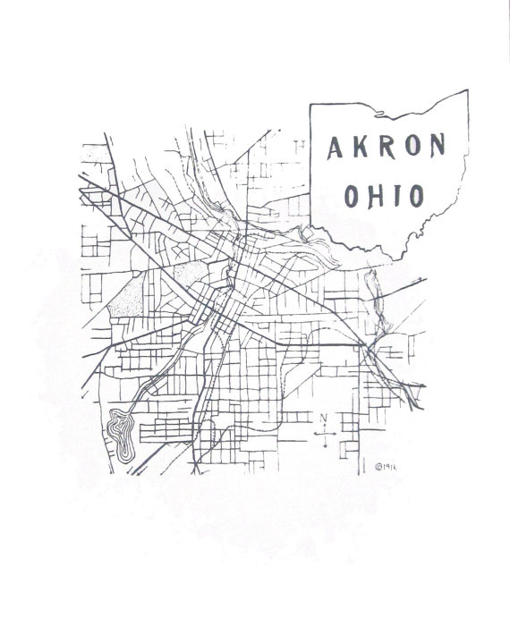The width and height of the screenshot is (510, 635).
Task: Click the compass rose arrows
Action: click(x=325, y=436)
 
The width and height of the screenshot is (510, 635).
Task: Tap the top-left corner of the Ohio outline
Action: click(x=310, y=105)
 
